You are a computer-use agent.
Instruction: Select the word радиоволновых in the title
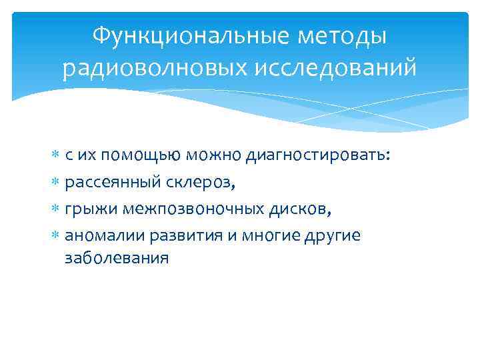click(143, 67)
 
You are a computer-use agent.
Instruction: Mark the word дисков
click(303, 211)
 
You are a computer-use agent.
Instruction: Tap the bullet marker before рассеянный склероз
click(56, 183)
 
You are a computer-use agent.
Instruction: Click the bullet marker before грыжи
click(56, 211)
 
